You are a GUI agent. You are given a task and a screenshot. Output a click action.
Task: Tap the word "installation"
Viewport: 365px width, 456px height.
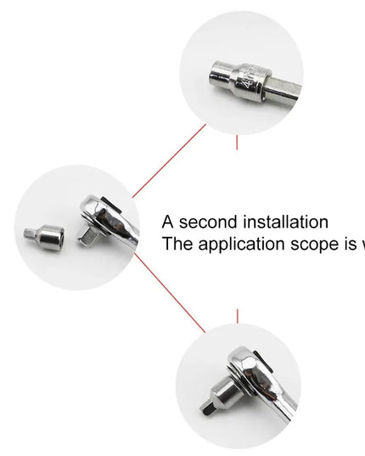coord(285,222)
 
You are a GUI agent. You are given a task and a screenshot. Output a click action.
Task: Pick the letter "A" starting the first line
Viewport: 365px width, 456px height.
coord(168,222)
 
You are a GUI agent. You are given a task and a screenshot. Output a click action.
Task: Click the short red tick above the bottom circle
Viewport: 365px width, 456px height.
coord(237,316)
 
